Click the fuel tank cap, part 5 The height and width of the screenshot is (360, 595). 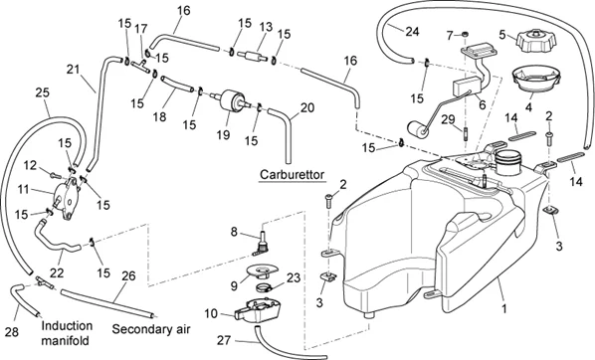tap(536, 41)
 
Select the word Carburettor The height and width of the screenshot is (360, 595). tap(293, 175)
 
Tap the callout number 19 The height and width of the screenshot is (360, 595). tap(224, 134)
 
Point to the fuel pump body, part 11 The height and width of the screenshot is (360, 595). tap(66, 197)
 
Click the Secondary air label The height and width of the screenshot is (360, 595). tap(151, 329)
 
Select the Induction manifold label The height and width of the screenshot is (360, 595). tap(67, 333)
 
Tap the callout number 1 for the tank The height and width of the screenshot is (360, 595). tap(504, 309)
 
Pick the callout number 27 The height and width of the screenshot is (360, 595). tap(224, 340)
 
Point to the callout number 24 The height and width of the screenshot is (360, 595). tap(412, 32)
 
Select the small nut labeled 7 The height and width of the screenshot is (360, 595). tap(464, 35)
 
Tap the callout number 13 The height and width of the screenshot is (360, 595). tap(266, 27)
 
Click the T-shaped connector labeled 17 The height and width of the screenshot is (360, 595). tap(140, 66)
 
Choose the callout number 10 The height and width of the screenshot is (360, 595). tap(211, 313)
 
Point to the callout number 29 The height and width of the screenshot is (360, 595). tap(448, 119)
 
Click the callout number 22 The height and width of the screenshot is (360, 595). tap(57, 272)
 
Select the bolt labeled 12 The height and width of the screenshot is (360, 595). tap(56, 175)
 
